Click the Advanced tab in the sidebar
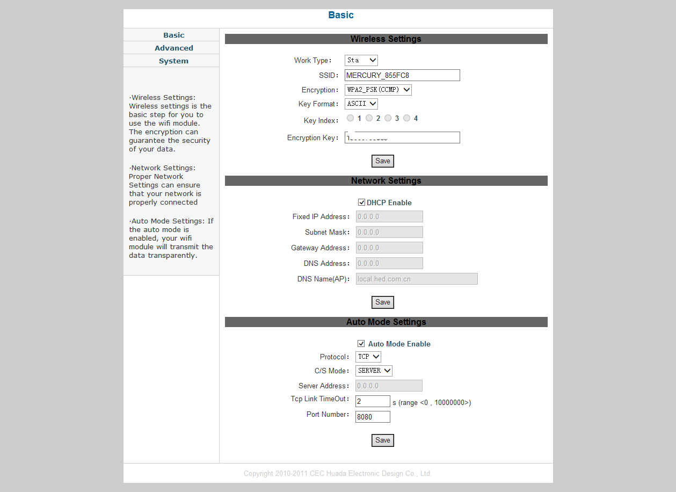(173, 48)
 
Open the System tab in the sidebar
(173, 61)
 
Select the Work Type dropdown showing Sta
(361, 60)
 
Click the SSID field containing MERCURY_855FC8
(402, 75)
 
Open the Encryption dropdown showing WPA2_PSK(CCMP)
(378, 90)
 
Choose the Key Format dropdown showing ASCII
(361, 104)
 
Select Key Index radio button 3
(388, 118)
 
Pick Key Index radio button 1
(350, 118)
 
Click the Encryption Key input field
(402, 138)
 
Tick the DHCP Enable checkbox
(361, 202)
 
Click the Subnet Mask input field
(389, 232)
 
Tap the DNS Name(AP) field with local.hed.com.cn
(416, 279)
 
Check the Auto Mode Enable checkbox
(361, 344)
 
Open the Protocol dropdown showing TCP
(368, 357)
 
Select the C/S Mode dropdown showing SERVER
(374, 371)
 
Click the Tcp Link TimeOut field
(373, 401)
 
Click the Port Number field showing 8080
(373, 417)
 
